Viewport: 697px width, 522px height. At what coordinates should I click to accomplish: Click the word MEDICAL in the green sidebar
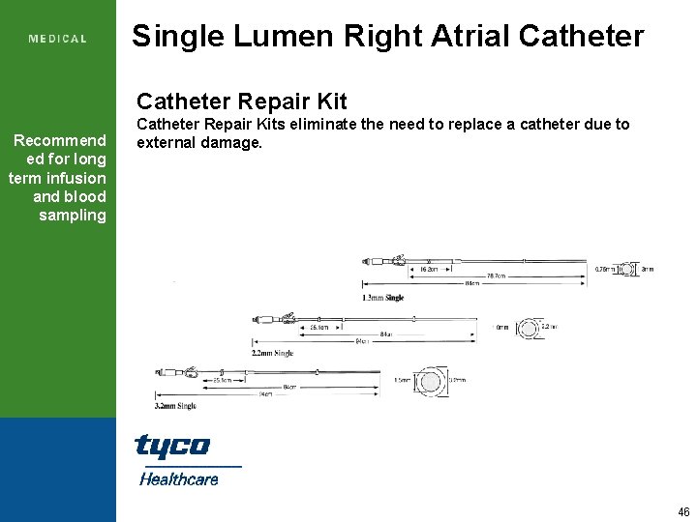[x=58, y=39]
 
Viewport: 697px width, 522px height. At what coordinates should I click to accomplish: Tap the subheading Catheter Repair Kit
[x=241, y=101]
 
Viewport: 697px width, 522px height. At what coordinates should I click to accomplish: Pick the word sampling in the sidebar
[x=73, y=215]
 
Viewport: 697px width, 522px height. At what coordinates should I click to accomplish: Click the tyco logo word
[x=171, y=446]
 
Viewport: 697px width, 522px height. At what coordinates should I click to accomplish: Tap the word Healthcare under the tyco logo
[x=179, y=478]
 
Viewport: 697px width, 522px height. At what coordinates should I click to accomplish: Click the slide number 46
[x=683, y=512]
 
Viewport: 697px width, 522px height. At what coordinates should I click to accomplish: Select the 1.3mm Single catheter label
[x=383, y=298]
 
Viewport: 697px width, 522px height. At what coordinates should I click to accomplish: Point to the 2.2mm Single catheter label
[x=273, y=354]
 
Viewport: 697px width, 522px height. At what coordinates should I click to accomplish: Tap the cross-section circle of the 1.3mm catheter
[x=628, y=269]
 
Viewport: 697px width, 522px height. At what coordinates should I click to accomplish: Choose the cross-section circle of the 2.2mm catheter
[x=529, y=330]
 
